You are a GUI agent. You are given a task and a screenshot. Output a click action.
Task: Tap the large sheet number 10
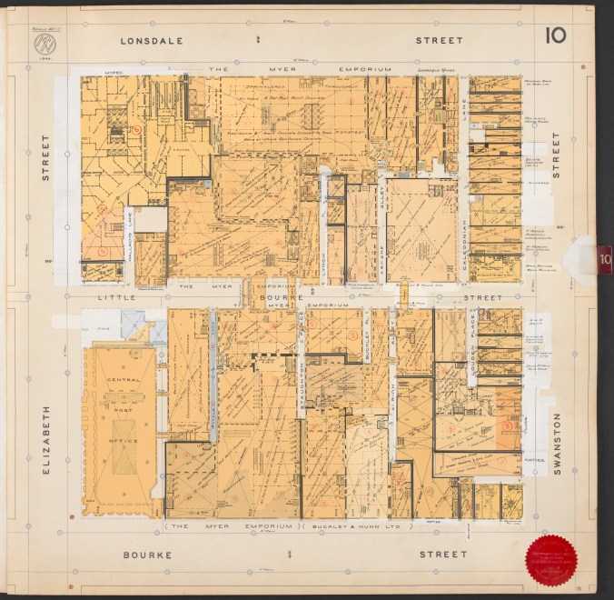tap(557, 35)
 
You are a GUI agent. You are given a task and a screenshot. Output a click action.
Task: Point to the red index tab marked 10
tap(604, 258)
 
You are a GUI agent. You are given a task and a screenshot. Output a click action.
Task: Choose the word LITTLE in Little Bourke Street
tap(116, 296)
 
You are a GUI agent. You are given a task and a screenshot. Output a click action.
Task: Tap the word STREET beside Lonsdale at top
tap(439, 41)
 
